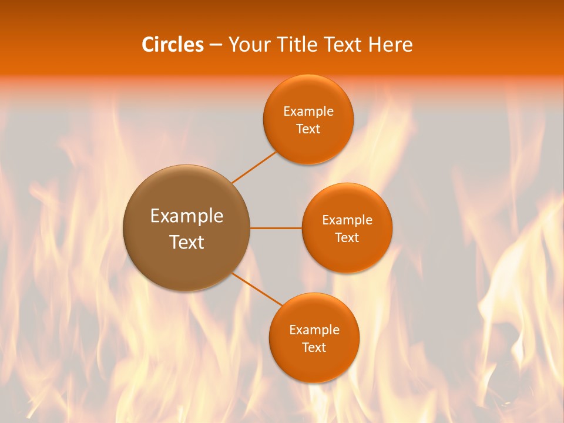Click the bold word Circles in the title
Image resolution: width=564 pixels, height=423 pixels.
pos(173,45)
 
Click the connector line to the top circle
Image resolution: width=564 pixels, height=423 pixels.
pos(254,167)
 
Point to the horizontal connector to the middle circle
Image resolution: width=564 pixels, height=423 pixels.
pos(276,228)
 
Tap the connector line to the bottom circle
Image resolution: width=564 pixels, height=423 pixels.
pos(257,289)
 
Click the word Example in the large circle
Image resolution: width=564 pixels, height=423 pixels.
pos(187,216)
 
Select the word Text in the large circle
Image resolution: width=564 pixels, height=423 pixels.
pos(187,242)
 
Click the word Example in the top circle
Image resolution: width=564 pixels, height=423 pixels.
pos(308,111)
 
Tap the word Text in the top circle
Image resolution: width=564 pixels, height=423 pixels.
pos(308,129)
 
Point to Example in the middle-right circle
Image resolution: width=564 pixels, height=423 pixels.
pos(347,220)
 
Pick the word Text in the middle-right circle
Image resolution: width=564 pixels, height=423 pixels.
pos(347,237)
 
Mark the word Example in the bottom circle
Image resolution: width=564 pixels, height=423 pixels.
pos(314,330)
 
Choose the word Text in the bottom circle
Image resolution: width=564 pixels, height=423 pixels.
pos(314,347)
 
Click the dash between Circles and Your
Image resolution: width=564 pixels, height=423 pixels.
pos(216,45)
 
